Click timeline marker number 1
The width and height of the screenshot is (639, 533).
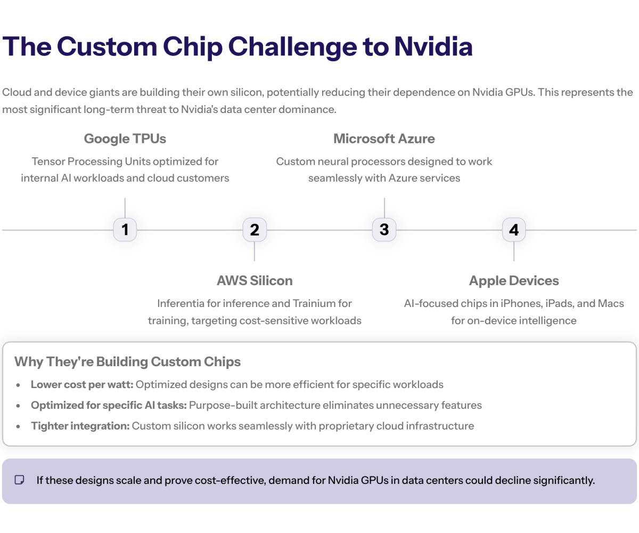click(125, 230)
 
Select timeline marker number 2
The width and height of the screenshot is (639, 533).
click(255, 230)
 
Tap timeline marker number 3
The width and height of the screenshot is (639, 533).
click(384, 230)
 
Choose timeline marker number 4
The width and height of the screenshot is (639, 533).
click(514, 230)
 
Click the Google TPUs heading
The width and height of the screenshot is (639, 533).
click(125, 139)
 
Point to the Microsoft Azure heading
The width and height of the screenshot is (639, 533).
click(384, 139)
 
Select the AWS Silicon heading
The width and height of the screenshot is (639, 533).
click(255, 280)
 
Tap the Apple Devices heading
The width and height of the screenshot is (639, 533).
click(514, 280)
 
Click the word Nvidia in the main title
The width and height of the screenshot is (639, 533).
click(433, 46)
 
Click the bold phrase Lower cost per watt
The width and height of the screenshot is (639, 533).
click(81, 384)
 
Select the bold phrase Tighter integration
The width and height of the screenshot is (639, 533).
click(80, 426)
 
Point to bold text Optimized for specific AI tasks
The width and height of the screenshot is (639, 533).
click(109, 405)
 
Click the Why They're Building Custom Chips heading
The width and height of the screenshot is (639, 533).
click(128, 362)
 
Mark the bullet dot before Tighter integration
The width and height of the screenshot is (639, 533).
click(19, 426)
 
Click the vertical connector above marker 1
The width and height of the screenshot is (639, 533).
click(125, 208)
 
